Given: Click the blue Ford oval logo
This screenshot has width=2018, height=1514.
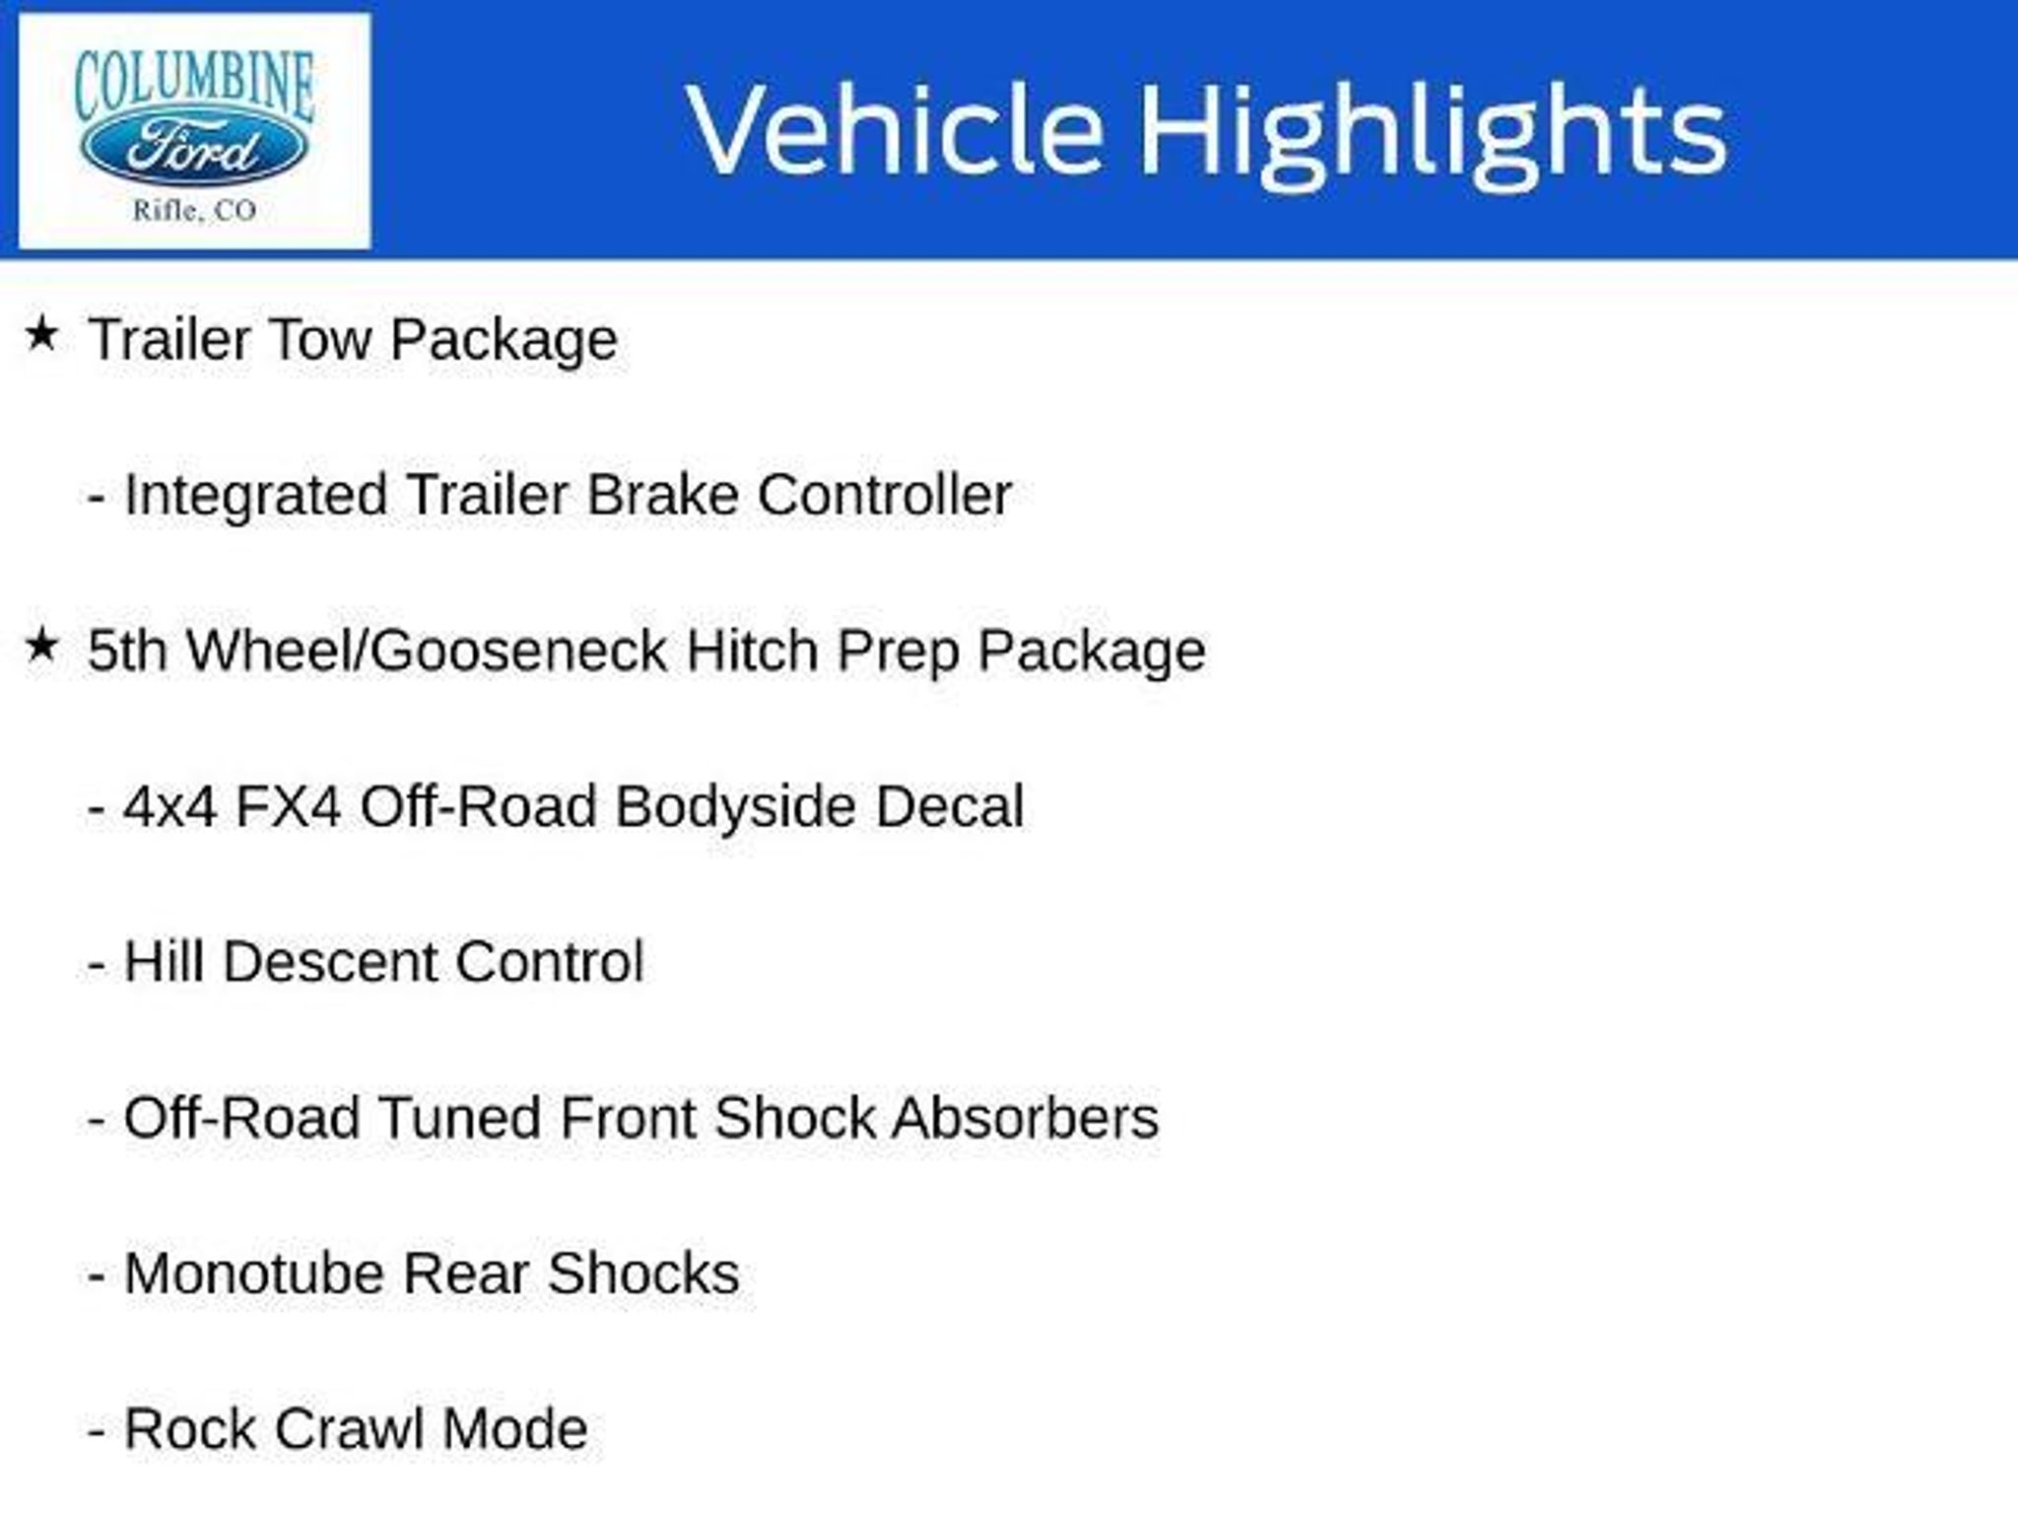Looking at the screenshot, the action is click(194, 151).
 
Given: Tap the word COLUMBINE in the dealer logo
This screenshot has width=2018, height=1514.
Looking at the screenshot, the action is click(194, 87).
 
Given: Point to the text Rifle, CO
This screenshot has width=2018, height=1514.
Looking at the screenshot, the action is click(194, 210).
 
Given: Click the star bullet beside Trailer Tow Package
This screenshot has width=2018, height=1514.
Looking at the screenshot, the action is click(41, 334).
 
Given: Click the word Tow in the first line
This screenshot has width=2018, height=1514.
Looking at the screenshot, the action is click(318, 339).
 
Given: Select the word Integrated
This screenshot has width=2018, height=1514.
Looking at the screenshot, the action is click(255, 496).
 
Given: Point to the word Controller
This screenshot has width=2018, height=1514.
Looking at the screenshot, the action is click(885, 494).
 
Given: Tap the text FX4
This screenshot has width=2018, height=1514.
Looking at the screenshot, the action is click(289, 806).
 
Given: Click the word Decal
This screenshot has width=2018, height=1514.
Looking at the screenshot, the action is click(950, 806).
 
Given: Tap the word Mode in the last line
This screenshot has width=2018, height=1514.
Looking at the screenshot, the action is click(515, 1429).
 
